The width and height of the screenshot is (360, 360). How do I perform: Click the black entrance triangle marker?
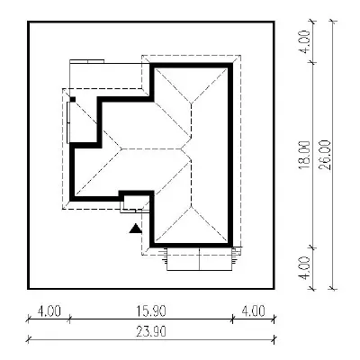(x=136, y=229)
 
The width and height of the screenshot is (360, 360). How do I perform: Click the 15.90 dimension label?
(x=151, y=311)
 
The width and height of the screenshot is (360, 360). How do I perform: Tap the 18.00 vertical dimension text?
(x=304, y=155)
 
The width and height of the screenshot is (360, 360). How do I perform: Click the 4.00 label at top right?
(x=304, y=41)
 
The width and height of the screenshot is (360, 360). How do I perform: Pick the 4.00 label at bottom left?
(x=49, y=311)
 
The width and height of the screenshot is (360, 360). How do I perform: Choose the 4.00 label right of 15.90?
(x=253, y=311)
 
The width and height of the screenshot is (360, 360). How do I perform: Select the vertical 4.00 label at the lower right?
(x=304, y=268)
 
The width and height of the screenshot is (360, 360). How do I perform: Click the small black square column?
(x=72, y=99)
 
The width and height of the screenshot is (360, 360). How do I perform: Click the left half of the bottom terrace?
(x=183, y=258)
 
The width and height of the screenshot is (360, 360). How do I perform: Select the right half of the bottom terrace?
(x=215, y=258)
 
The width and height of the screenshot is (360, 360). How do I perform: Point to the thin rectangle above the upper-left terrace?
(x=87, y=61)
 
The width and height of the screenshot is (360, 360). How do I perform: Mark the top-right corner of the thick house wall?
(x=231, y=65)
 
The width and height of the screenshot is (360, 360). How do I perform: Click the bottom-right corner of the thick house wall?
(x=231, y=246)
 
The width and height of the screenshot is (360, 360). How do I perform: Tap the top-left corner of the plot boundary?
(x=28, y=22)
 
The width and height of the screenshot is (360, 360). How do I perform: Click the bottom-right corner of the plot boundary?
(x=274, y=289)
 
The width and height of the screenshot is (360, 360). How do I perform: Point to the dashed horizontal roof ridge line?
(x=152, y=148)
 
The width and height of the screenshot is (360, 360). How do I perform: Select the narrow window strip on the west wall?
(x=68, y=122)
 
